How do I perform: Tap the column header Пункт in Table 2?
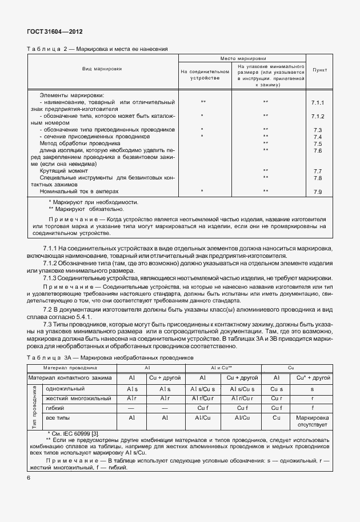point(318,70)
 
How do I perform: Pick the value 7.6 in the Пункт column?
point(318,150)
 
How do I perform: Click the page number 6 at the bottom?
point(29,477)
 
